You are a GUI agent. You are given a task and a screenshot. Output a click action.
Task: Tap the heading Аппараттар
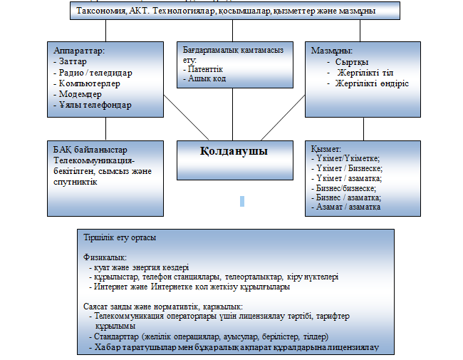(x=80, y=51)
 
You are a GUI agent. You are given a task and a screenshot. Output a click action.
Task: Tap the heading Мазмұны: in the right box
(x=333, y=51)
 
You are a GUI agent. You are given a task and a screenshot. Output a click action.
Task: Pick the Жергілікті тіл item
(x=363, y=73)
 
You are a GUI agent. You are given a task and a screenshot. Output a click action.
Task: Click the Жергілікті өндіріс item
(x=372, y=83)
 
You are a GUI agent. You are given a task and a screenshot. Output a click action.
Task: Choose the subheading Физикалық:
(x=106, y=257)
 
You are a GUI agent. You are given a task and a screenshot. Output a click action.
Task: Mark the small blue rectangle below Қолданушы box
(x=242, y=201)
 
